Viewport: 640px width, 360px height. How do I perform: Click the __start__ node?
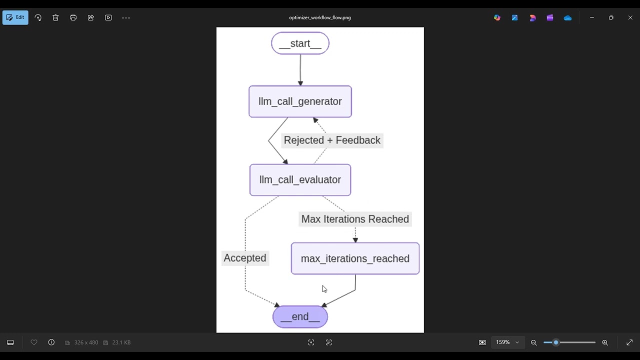coord(300,43)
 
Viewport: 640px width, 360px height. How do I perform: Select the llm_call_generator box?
coord(300,101)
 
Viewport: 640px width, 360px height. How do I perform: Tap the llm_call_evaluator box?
coord(300,180)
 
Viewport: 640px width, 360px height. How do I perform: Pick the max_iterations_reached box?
coord(355,258)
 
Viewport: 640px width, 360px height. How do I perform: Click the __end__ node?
coord(300,317)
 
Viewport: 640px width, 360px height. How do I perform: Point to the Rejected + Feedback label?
coord(332,140)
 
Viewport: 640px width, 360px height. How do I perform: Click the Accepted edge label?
coord(245,258)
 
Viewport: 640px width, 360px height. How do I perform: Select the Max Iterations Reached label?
coord(355,219)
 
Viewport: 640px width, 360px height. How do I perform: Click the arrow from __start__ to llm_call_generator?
coord(300,70)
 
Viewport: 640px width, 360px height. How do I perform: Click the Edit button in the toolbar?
coord(15,17)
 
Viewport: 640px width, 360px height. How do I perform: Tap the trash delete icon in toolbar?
coord(55,17)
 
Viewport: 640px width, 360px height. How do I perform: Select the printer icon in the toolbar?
coord(73,17)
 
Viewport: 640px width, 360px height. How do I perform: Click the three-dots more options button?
coord(126,17)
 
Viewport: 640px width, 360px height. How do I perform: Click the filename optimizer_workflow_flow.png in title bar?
coord(320,17)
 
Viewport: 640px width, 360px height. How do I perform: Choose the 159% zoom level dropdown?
coord(507,342)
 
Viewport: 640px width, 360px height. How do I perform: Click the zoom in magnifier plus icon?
coord(605,342)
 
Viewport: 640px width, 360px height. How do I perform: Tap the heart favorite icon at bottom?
coord(34,342)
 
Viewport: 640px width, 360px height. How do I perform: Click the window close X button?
coord(630,17)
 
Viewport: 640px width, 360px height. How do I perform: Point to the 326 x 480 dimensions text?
coord(86,342)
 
